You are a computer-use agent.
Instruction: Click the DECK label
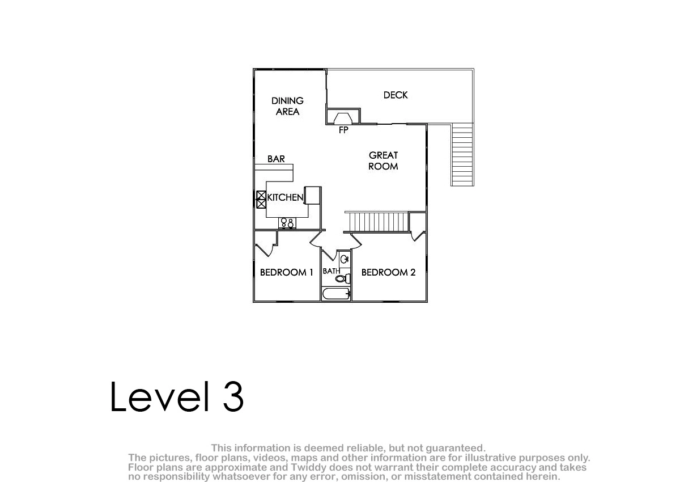pyautogui.click(x=396, y=95)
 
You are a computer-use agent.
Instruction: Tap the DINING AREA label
pyautogui.click(x=287, y=106)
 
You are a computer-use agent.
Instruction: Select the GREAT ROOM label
pyautogui.click(x=383, y=160)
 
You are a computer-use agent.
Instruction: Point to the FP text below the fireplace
pyautogui.click(x=343, y=130)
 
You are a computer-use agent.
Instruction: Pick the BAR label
pyautogui.click(x=276, y=159)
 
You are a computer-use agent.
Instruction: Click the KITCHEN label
pyautogui.click(x=285, y=197)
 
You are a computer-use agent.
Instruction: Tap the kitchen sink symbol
pyautogui.click(x=287, y=223)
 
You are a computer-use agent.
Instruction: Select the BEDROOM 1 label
pyautogui.click(x=287, y=272)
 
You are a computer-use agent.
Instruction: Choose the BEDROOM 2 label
pyautogui.click(x=388, y=272)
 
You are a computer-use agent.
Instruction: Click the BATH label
pyautogui.click(x=331, y=271)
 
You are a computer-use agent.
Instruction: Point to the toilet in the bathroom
pyautogui.click(x=343, y=278)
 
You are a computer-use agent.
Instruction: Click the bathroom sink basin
pyautogui.click(x=345, y=259)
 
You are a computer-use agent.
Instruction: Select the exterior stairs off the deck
pyautogui.click(x=462, y=155)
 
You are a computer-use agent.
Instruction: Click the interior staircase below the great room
pyautogui.click(x=377, y=222)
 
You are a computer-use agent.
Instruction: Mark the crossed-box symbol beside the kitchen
pyautogui.click(x=261, y=200)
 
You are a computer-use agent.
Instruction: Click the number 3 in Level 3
pyautogui.click(x=233, y=396)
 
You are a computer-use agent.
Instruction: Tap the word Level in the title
pyautogui.click(x=160, y=396)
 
